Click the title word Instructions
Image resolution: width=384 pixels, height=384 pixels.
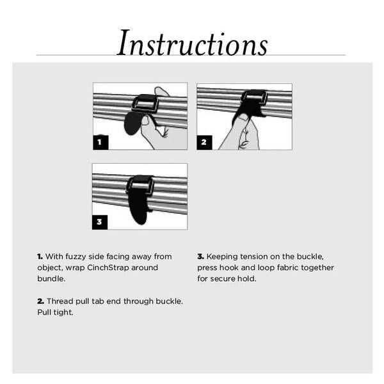[192, 43]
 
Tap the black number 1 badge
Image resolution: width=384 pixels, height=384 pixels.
[100, 142]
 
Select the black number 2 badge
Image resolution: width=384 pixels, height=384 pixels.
[204, 142]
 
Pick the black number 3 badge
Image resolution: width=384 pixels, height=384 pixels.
[99, 222]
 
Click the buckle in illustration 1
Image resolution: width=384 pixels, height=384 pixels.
[145, 104]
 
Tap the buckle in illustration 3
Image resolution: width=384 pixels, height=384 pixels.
[140, 184]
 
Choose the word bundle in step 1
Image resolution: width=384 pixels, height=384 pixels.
[51, 278]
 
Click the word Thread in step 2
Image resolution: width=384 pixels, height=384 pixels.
[60, 301]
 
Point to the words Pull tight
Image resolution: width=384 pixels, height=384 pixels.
[55, 312]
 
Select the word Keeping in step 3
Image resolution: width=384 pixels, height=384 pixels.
[222, 257]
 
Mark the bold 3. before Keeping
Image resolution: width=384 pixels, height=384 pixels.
[201, 257]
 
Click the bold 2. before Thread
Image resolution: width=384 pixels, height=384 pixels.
[41, 301]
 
